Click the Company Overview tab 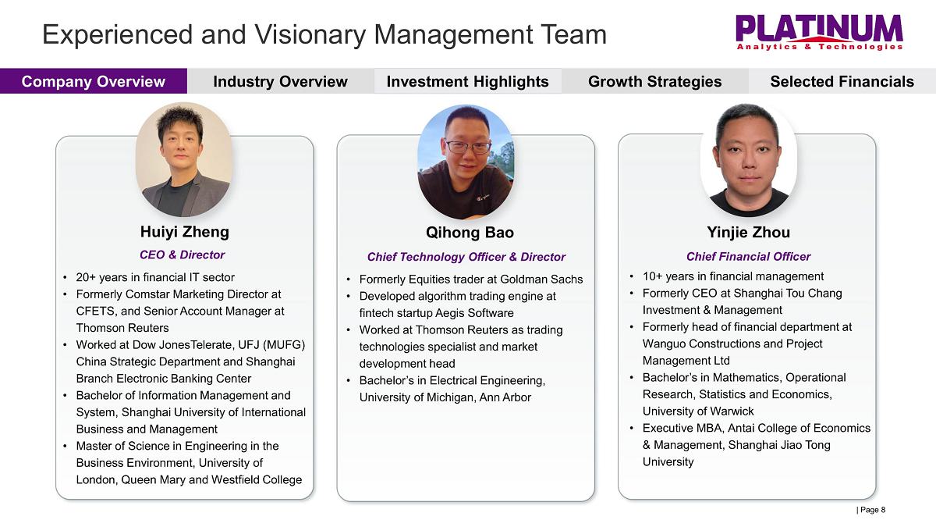point(93,81)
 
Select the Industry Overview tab point(280,81)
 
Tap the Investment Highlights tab point(467,81)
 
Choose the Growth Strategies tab point(654,81)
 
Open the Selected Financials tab point(842,81)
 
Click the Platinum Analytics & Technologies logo point(819,33)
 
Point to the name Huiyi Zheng point(185,232)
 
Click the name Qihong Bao point(470,233)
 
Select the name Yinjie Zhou point(748,232)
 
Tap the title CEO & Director point(183,255)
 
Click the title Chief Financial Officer point(748,256)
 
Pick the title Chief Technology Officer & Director point(466,257)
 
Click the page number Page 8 point(870,510)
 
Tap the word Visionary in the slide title point(310,34)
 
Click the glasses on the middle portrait point(467,147)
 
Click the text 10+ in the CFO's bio point(652,276)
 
